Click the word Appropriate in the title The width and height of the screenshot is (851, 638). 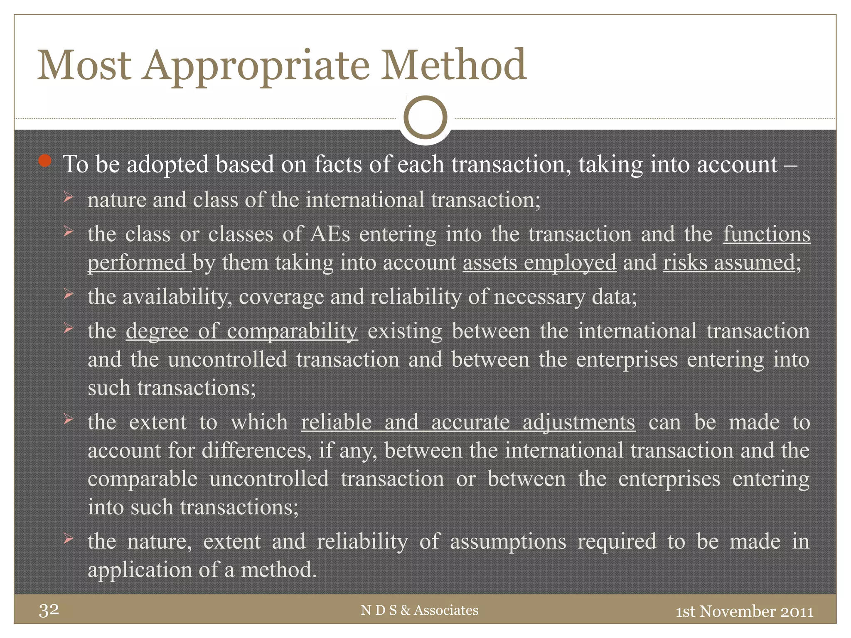click(256, 66)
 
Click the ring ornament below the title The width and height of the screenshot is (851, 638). click(425, 118)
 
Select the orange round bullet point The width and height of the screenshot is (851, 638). click(45, 161)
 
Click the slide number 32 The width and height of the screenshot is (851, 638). click(49, 610)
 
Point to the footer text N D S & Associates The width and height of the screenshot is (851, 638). click(419, 610)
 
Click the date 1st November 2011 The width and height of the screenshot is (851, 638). click(744, 611)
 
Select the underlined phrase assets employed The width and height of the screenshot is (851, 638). click(539, 263)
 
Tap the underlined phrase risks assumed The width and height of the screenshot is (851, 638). click(729, 263)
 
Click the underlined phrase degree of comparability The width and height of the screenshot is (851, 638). click(241, 331)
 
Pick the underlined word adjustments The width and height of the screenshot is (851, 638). click(579, 422)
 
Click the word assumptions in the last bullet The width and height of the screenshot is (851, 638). click(508, 542)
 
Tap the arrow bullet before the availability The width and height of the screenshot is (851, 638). click(69, 294)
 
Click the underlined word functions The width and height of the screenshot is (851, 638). click(766, 234)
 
